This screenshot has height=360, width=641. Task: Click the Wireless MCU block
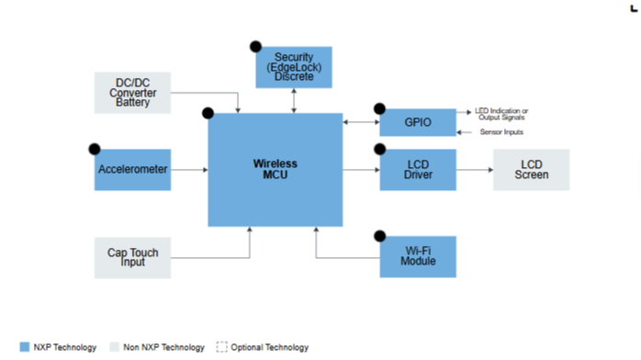276,170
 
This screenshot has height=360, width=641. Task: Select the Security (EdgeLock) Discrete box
294,67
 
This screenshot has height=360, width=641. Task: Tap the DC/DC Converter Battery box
132,93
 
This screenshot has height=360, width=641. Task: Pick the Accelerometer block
132,170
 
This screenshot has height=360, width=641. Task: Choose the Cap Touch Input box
132,258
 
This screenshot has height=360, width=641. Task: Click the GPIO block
418,122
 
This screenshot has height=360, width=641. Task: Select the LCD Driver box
418,170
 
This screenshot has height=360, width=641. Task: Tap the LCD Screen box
532,170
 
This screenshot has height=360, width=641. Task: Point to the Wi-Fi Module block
418,256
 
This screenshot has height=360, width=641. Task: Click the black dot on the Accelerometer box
95,149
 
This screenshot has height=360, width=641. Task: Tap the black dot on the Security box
256,47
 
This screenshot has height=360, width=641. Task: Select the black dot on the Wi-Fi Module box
380,236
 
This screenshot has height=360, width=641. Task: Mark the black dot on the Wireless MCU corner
208,113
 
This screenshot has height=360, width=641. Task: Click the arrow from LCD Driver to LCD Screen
475,170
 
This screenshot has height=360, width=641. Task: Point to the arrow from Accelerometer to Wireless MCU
189,170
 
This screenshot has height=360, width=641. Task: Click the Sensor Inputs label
501,132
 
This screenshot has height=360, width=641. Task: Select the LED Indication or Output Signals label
501,114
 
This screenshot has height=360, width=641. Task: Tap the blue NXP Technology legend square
25,347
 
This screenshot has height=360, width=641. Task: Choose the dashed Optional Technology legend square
221,347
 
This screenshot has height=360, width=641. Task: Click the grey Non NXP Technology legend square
115,347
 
